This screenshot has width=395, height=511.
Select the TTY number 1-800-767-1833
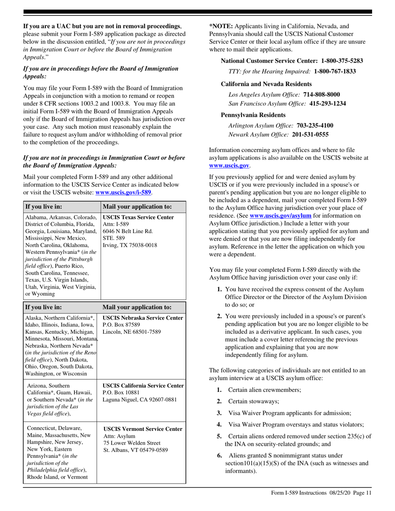tap(335, 71)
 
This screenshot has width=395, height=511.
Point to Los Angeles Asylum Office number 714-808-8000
tap(321, 95)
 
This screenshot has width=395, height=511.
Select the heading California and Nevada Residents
tap(266, 84)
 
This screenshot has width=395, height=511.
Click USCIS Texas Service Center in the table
tap(138, 217)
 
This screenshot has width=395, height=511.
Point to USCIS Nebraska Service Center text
tap(143, 318)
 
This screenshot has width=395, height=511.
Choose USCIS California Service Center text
tap(143, 386)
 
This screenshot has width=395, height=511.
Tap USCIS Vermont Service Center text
tap(143, 429)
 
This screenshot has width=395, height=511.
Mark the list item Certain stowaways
tap(254, 401)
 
